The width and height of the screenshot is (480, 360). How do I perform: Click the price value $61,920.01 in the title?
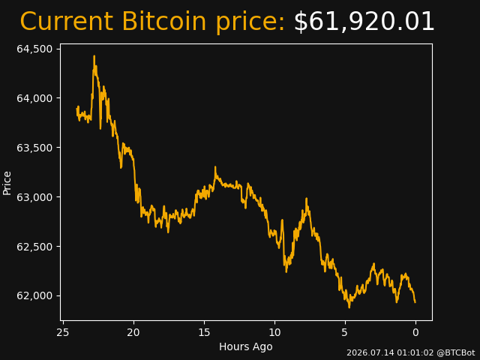point(364,22)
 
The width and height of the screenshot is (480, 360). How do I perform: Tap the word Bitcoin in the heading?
point(164,21)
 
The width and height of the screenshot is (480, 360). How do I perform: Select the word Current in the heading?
point(66,22)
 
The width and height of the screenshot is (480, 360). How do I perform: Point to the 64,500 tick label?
point(34,49)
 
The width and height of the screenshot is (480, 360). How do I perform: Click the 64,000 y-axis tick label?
point(34,98)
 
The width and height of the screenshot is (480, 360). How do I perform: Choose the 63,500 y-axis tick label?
point(34,148)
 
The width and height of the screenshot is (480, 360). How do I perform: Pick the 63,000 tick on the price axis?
point(34,197)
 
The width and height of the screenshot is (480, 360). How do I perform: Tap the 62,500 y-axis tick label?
point(34,247)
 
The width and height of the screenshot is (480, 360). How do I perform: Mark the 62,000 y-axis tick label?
point(34,295)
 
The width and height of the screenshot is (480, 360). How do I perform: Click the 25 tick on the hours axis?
point(63,332)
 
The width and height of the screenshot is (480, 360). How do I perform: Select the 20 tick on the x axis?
point(133,332)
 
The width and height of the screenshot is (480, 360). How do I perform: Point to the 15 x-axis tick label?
point(204,332)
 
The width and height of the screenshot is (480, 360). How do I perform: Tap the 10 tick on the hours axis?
point(274,332)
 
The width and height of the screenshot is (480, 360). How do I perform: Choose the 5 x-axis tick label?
point(345,332)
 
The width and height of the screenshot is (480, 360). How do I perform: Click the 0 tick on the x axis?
point(415,332)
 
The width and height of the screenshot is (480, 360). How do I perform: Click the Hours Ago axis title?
point(246,346)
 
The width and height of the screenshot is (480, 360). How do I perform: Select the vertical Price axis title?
point(7,183)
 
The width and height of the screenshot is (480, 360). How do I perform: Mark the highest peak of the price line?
point(94,56)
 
